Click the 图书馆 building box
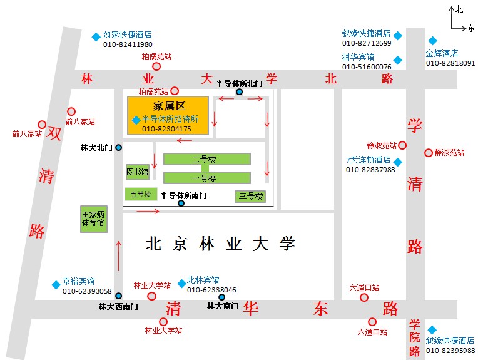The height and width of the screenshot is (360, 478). point(137,171)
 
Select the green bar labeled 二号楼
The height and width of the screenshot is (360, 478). point(206,159)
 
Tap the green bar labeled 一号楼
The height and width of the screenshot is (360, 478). point(206,178)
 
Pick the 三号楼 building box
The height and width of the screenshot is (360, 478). point(250,196)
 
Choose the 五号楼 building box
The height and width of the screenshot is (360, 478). point(138,194)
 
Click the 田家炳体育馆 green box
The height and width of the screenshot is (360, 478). point(93,219)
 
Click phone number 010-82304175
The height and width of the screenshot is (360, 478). point(166,129)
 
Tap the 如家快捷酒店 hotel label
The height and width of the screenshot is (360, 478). point(127,35)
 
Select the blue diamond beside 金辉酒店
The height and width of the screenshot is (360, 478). point(432,41)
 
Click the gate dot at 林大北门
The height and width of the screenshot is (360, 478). point(118,148)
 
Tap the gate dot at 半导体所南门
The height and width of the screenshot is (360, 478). point(181,203)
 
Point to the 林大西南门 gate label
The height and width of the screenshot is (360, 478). point(118,307)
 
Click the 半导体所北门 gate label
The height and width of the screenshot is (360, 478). point(239,83)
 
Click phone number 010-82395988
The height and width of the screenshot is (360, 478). point(450,351)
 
